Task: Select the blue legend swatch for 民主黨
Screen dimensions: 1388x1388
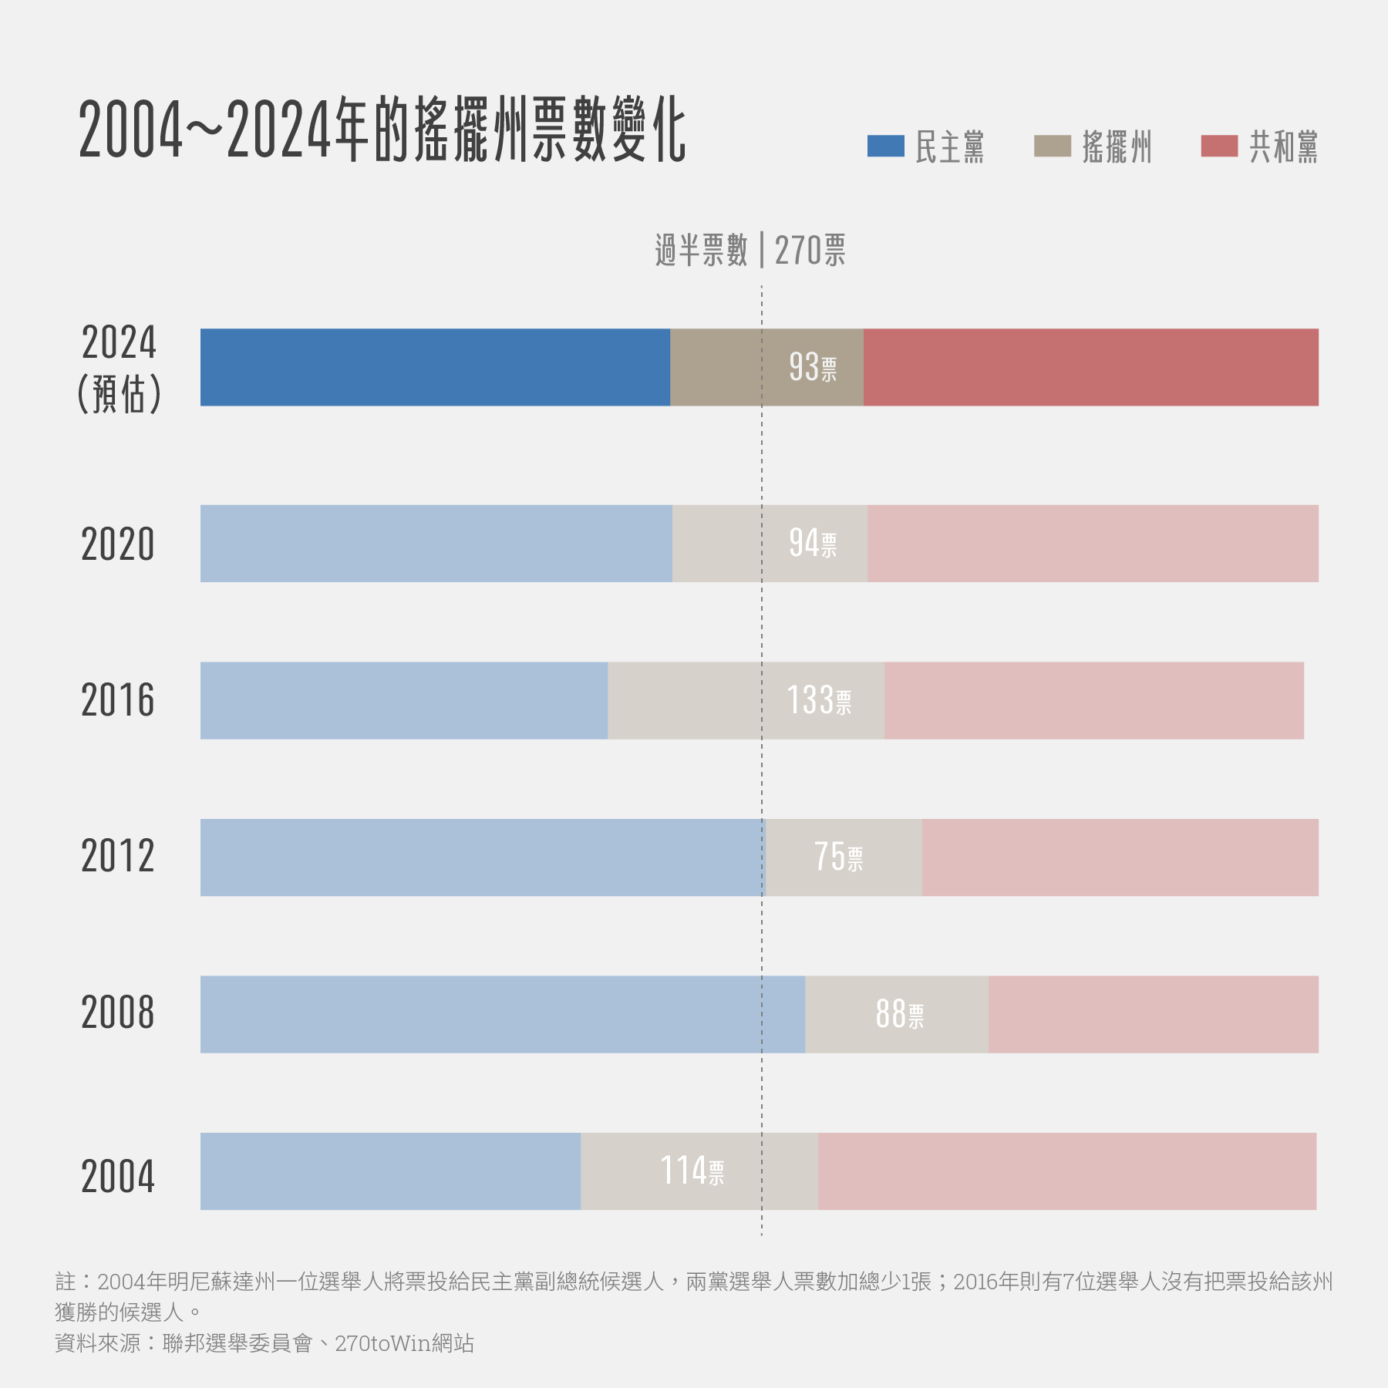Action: [x=885, y=146]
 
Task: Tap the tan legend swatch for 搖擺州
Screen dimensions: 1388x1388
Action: [x=1052, y=146]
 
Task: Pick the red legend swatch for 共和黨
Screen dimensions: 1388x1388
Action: [x=1219, y=146]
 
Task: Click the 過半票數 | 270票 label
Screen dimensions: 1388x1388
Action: [x=750, y=251]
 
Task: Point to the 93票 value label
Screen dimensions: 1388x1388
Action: [x=813, y=367]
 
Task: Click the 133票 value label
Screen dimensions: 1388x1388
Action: [x=819, y=700]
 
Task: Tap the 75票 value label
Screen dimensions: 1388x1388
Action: [x=838, y=857]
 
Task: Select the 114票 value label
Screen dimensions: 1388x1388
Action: [x=692, y=1171]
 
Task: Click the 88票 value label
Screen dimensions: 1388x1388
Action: [x=899, y=1014]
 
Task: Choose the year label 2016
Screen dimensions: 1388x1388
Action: [x=118, y=700]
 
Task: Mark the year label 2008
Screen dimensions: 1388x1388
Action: [x=118, y=1012]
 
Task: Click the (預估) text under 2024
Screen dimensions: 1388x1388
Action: [x=120, y=394]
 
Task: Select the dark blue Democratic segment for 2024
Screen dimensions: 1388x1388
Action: [x=435, y=367]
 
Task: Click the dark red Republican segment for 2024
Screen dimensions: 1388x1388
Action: [x=1090, y=367]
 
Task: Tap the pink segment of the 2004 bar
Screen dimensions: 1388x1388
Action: [x=1066, y=1171]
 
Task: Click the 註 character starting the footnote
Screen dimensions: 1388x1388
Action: [x=66, y=1282]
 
